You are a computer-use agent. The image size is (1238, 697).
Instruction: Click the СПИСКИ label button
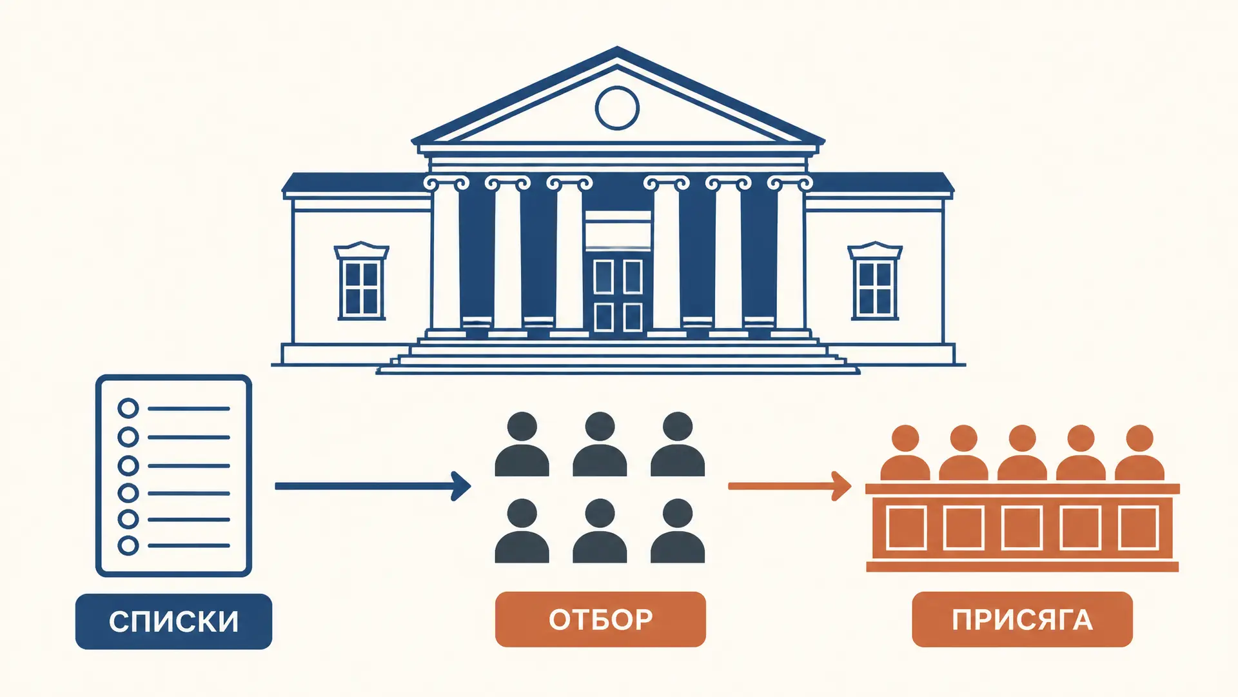pos(173,621)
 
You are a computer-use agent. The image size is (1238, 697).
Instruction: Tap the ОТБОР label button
pos(600,620)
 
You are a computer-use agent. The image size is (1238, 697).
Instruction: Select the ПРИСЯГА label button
pos(1022,620)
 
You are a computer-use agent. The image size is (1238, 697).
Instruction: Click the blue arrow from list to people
pos(373,486)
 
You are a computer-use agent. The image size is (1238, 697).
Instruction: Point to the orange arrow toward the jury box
pos(790,486)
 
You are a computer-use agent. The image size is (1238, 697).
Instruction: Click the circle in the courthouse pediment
pos(617,108)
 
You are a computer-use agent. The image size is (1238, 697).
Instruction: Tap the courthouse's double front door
pos(618,296)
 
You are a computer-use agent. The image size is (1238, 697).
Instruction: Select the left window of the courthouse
pos(361,281)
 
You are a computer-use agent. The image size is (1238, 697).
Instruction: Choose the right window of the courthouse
pos(875,281)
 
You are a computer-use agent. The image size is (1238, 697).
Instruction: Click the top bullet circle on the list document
pos(128,409)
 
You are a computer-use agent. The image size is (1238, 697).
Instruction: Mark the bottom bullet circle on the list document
pos(128,545)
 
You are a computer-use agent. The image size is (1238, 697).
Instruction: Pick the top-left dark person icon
pos(522,444)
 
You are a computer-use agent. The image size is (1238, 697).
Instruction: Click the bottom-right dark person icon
pos(678,530)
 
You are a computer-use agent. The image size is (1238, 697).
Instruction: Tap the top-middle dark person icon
pos(600,444)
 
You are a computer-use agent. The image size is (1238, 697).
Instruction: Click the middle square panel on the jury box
pos(1022,528)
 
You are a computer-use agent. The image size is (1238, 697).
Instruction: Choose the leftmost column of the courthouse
pos(445,258)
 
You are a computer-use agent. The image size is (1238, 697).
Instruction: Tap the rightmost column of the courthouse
pos(790,258)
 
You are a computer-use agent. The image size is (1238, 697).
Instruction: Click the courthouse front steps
pos(618,358)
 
